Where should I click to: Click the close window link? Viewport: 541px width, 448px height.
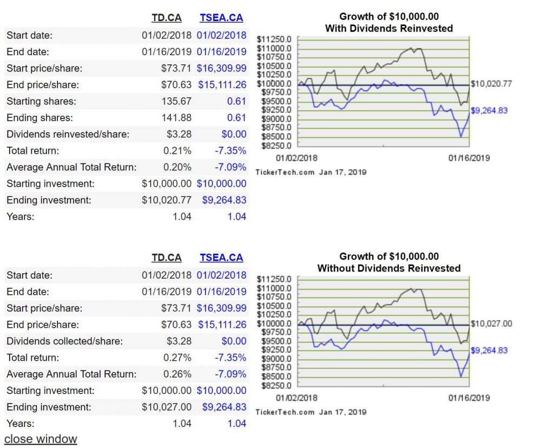(41, 439)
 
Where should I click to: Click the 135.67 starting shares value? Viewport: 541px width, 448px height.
(176, 101)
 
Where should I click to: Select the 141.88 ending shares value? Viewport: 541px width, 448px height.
(176, 118)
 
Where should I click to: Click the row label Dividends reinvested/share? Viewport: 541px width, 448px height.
(68, 134)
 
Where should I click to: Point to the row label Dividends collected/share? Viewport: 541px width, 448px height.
(64, 341)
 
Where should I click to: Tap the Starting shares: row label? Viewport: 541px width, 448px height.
(41, 101)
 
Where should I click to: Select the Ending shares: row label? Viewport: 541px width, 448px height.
(39, 118)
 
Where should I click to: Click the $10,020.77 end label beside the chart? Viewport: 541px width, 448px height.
(491, 84)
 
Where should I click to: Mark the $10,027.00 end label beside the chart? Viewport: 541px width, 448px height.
(491, 324)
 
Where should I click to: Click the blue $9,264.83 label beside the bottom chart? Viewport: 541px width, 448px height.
(489, 350)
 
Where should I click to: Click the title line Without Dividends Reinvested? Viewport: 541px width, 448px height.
(389, 268)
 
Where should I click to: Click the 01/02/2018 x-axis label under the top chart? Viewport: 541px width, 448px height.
(297, 158)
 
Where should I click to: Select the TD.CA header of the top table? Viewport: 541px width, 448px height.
(167, 18)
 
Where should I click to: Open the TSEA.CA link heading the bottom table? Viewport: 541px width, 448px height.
(221, 258)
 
